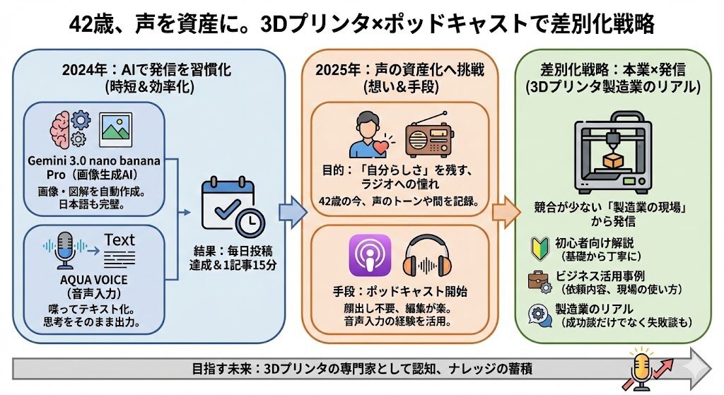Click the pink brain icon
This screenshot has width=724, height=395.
point(61,130)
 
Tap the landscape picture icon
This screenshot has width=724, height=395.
point(116,130)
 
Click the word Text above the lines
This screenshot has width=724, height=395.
point(119,240)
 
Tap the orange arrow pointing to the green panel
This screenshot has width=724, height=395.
point(507,212)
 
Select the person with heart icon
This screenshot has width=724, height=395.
point(372,135)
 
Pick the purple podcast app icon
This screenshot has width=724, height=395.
point(370,256)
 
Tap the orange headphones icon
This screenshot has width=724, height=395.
point(427,256)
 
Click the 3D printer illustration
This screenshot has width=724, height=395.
point(613,153)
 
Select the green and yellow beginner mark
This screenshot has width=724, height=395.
point(539,249)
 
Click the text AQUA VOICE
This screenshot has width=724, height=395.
point(94,280)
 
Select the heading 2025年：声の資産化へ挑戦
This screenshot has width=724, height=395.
point(400,70)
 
